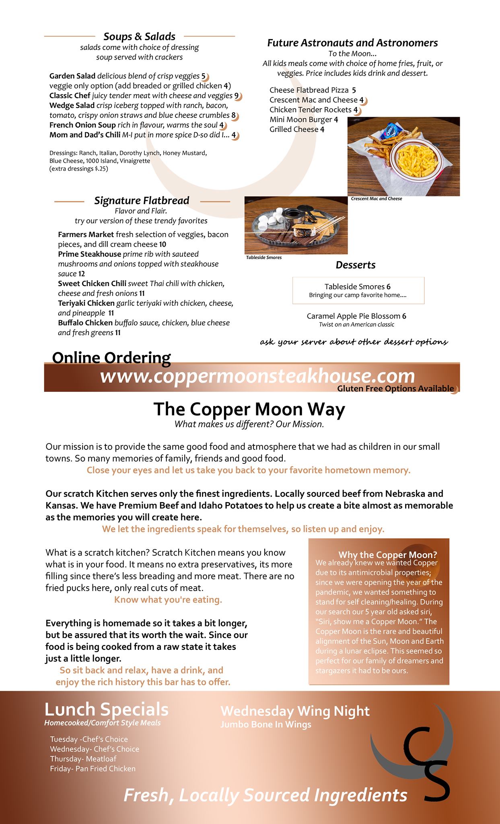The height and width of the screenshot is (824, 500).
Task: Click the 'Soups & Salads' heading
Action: (139, 37)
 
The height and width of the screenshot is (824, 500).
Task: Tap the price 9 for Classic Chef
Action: (237, 96)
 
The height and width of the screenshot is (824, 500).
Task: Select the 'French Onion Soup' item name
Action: (82, 125)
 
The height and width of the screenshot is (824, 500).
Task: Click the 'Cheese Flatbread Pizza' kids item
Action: (309, 90)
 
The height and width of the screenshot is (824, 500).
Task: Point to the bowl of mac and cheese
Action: (416, 159)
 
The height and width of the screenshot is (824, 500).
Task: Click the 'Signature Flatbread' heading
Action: (142, 201)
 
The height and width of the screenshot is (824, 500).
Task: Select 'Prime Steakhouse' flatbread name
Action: (89, 254)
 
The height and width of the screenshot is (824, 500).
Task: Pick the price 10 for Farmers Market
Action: (163, 244)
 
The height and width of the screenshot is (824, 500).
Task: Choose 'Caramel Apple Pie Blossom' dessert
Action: (354, 316)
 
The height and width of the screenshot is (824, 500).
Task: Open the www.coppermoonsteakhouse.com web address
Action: (257, 376)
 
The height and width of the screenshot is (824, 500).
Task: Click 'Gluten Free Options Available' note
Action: (395, 389)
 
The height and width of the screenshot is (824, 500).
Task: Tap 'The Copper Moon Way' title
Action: (249, 409)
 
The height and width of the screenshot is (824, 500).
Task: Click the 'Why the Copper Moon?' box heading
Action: (387, 555)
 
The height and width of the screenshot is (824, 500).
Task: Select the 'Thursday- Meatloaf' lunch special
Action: (83, 759)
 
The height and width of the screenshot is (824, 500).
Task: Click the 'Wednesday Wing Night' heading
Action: (295, 711)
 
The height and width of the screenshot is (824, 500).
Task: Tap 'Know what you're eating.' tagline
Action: (168, 600)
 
